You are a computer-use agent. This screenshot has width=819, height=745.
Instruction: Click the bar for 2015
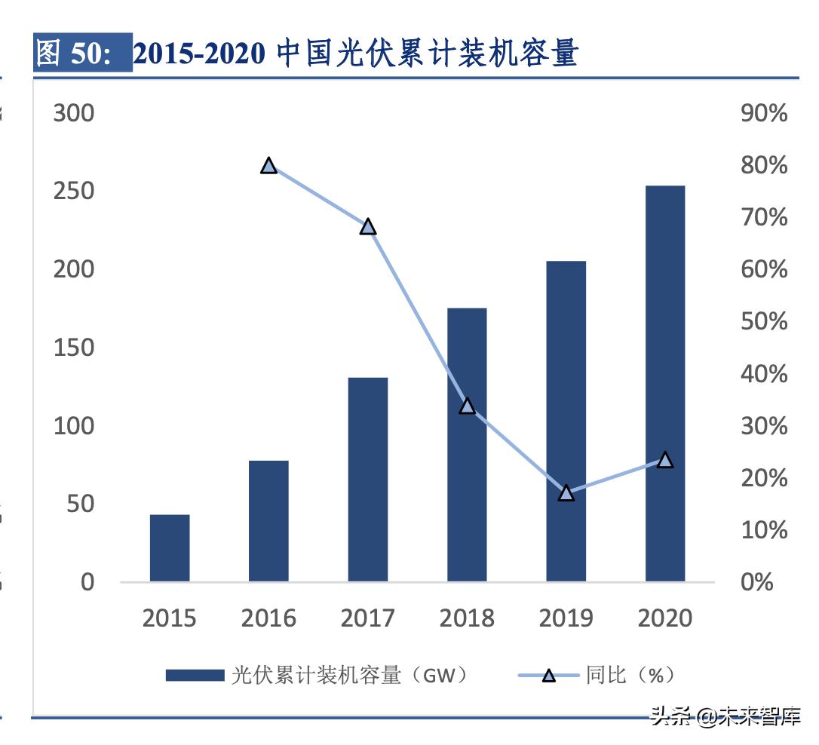tap(170, 548)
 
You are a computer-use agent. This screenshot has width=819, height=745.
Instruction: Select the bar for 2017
tap(368, 480)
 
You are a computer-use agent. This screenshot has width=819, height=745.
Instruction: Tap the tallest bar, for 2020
tap(665, 384)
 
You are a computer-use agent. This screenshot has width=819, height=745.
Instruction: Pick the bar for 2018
tap(467, 445)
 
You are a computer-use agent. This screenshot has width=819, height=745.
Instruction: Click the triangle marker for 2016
tap(268, 166)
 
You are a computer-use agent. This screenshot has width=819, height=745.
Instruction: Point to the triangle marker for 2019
tap(566, 493)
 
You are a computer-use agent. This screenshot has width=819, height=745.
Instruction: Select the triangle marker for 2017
tap(368, 226)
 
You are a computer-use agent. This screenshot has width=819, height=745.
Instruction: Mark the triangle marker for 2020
tap(665, 460)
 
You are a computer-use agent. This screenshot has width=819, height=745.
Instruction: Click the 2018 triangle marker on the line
tap(467, 406)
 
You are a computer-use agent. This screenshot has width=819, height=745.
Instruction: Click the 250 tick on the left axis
tap(74, 192)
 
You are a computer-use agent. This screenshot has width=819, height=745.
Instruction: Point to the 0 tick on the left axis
tap(87, 582)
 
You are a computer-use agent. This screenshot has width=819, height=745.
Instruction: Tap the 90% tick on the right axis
tap(764, 113)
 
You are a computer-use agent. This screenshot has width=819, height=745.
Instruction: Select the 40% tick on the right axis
tap(764, 374)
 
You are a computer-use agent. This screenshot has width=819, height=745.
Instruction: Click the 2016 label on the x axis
tap(268, 619)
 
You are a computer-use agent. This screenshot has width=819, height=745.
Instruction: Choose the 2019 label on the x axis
tap(566, 619)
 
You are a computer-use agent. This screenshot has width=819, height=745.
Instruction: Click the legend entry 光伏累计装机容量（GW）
tap(317, 675)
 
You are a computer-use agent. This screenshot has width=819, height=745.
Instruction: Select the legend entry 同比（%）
tap(596, 675)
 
